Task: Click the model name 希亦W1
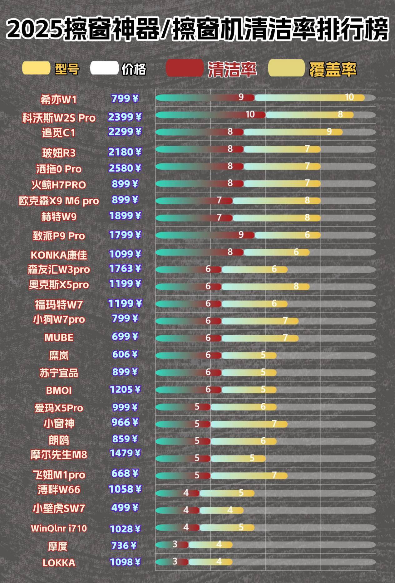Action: [58, 100]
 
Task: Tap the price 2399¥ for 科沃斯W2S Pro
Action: [125, 117]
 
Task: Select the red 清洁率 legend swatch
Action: [185, 68]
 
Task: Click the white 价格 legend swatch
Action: [104, 68]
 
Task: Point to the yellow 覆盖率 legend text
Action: [333, 69]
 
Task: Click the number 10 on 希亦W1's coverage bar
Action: [349, 97]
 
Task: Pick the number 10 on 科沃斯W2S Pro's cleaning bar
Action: [250, 114]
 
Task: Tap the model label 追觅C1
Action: [59, 133]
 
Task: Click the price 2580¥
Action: [125, 168]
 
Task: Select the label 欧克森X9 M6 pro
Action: [59, 201]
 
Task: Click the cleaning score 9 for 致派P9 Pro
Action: [241, 235]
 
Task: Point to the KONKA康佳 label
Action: [59, 255]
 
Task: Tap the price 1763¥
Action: [125, 269]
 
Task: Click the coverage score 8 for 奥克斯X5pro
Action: [296, 286]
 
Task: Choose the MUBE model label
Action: [59, 338]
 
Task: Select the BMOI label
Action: [59, 391]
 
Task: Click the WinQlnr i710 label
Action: [59, 528]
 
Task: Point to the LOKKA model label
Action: [59, 563]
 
